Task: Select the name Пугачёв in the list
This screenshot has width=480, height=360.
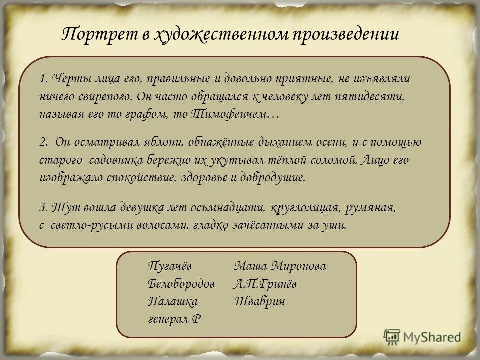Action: tap(170, 266)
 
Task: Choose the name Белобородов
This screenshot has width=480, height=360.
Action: tap(181, 284)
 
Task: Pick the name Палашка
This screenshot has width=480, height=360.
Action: tap(173, 301)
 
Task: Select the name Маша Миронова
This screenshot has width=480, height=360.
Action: tap(280, 266)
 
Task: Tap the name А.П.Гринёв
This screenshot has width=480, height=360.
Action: tap(265, 284)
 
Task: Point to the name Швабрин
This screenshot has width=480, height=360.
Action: tap(259, 301)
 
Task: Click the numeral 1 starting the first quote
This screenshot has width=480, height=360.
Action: tap(43, 79)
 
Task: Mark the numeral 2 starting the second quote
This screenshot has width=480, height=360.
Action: tap(43, 142)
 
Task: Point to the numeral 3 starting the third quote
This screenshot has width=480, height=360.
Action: tap(43, 207)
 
